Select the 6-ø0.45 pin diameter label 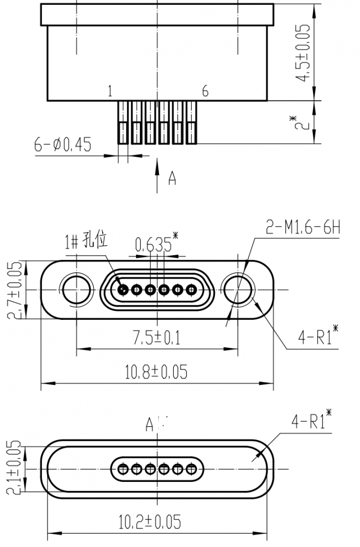tap(62, 144)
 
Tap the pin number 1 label tap(110, 92)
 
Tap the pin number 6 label tap(205, 92)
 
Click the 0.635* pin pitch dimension tap(154, 245)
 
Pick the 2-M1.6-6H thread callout tap(302, 228)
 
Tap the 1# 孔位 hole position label tap(86, 241)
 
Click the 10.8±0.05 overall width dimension tap(156, 372)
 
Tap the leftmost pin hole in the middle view tap(124, 290)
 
